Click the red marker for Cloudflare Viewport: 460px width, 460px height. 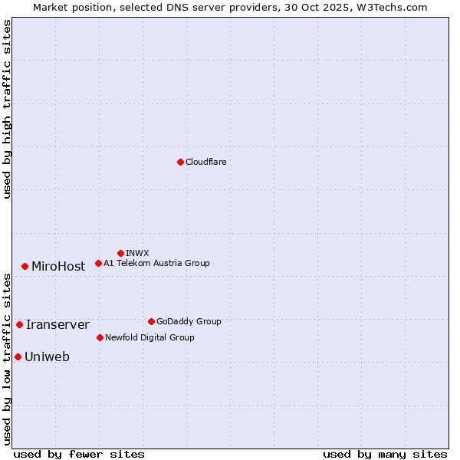(x=180, y=162)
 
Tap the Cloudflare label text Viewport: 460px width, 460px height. (x=205, y=162)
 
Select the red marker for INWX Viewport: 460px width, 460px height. (x=120, y=253)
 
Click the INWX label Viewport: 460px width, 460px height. (x=137, y=253)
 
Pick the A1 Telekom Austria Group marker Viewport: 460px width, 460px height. (x=98, y=264)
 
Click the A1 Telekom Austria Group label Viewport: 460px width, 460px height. (x=156, y=264)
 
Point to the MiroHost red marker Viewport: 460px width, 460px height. (x=25, y=266)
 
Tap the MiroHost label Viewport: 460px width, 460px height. (x=58, y=267)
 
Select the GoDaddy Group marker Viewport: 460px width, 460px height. (x=151, y=321)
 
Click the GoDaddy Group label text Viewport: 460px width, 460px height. (x=189, y=322)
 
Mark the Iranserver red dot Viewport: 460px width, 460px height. (x=19, y=325)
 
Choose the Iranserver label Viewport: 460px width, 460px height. (x=58, y=325)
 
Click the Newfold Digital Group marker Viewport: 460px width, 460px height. (x=100, y=337)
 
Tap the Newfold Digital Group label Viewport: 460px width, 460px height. (x=149, y=337)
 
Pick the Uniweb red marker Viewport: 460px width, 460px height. (x=18, y=356)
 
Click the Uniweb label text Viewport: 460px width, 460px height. (x=47, y=357)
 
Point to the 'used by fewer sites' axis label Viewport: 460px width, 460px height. (x=78, y=454)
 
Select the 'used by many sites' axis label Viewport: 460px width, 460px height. (x=385, y=454)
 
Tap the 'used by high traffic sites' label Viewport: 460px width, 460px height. (x=7, y=109)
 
